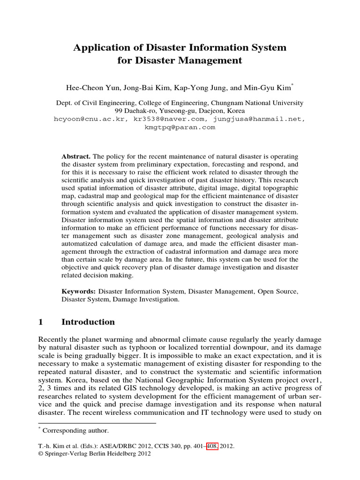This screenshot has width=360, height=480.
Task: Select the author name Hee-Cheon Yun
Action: [x=91, y=87]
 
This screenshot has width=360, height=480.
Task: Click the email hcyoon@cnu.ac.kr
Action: [x=90, y=119]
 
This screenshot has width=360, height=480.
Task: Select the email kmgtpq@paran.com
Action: [x=180, y=127]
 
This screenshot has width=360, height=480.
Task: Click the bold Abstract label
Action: [x=77, y=156]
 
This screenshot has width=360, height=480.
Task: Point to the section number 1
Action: [x=40, y=322]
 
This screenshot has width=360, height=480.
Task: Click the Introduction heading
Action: [x=88, y=322]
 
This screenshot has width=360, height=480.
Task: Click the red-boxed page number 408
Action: [x=211, y=447]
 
